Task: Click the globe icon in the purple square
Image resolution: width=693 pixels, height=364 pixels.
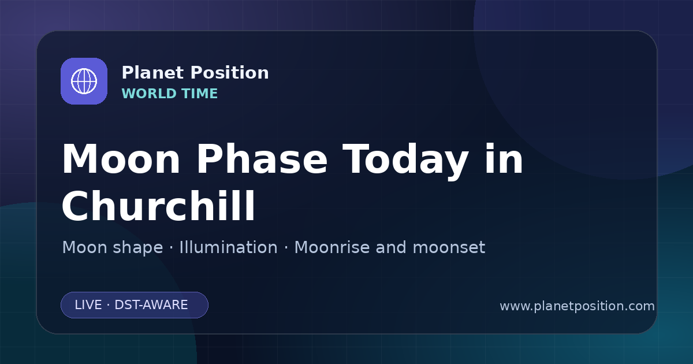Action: point(84,81)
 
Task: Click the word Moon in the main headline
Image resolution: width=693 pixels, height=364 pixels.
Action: point(121,159)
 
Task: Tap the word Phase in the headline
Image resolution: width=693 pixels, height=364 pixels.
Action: point(262,159)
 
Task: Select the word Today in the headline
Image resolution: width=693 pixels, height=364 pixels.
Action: point(405,161)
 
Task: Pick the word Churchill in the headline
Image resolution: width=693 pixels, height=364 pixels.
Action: point(158,206)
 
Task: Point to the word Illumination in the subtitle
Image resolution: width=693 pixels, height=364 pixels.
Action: point(228,247)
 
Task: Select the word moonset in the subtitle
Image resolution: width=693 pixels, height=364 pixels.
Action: point(449,248)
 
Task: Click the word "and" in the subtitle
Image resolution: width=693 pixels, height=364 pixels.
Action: point(391,247)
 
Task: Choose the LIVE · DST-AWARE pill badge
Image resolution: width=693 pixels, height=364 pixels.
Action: point(135,305)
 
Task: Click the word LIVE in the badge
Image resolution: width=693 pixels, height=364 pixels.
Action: point(88,305)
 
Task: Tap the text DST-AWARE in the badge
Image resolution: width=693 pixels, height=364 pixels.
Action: point(151,305)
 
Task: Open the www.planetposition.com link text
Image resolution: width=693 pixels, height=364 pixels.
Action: point(577,306)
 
